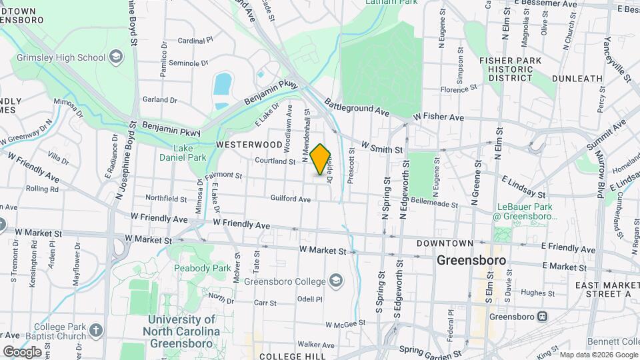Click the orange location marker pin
click(320, 159)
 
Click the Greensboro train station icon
click(543, 317)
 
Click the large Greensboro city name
click(471, 260)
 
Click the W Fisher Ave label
click(438, 117)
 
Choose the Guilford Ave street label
click(291, 199)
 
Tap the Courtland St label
click(275, 161)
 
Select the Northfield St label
click(166, 198)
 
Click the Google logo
click(21, 351)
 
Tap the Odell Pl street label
click(309, 299)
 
